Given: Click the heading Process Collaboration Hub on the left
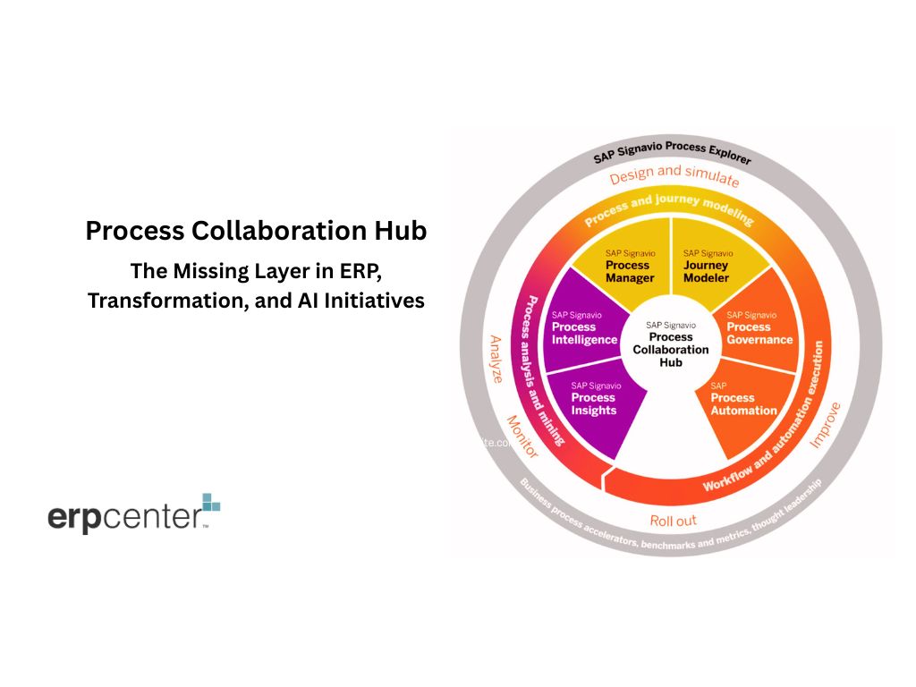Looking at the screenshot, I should pyautogui.click(x=256, y=231).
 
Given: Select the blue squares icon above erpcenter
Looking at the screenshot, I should pyautogui.click(x=210, y=503).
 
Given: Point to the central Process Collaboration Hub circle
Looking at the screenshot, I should pyautogui.click(x=670, y=344).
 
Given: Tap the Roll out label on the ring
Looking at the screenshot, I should pyautogui.click(x=673, y=520).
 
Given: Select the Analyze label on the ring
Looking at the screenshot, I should pyautogui.click(x=496, y=359).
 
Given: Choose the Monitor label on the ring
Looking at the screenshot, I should pyautogui.click(x=522, y=437).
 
